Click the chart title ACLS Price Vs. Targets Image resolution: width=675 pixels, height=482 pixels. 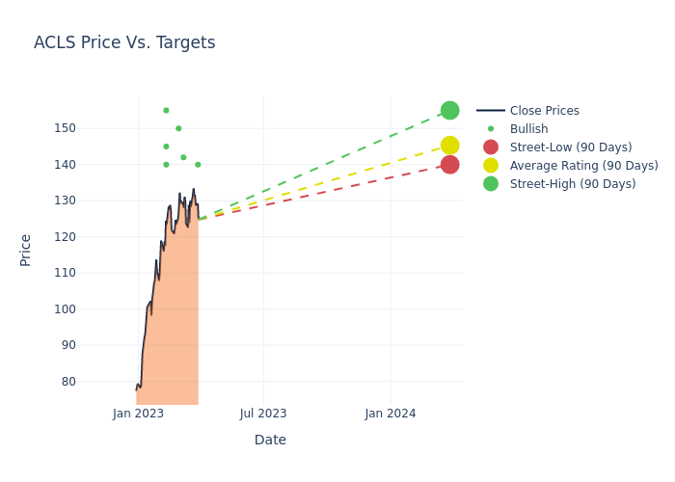point(124,42)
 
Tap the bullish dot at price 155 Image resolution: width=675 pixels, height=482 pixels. point(166,110)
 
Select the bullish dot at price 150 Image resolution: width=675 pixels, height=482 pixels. point(178,128)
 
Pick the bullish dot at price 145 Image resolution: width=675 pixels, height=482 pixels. point(166,147)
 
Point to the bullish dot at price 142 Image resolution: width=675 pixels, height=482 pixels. point(183,157)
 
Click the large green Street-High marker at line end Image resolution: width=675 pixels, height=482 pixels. point(449,110)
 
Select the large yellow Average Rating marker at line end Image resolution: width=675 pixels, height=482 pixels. point(449,146)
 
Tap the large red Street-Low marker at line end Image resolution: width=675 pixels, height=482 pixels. point(449,165)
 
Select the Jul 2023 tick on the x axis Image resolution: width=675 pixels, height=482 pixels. point(263,414)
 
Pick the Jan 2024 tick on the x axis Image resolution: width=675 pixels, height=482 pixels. point(391,414)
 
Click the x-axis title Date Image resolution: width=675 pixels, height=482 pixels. point(270,440)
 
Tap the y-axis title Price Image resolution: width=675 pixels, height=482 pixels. point(26,250)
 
